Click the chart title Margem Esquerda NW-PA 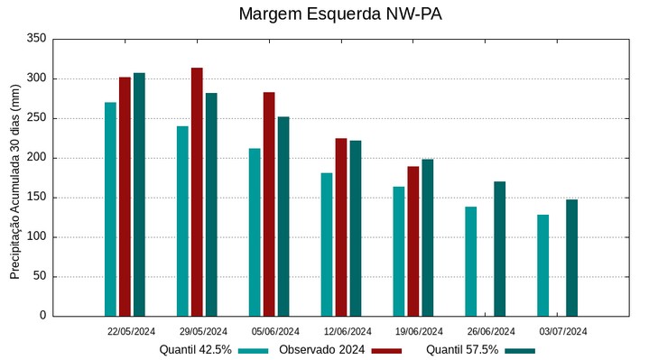[340, 14]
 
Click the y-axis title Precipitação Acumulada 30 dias [14, 177]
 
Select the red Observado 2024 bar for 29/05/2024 [197, 192]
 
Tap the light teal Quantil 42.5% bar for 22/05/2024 [110, 209]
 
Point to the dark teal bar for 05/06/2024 [283, 217]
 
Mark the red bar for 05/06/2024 [269, 204]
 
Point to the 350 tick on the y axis [36, 39]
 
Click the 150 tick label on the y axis [36, 198]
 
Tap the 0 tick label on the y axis [42, 316]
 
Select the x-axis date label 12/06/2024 [347, 331]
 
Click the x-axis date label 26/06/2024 [491, 331]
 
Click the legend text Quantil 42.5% [196, 350]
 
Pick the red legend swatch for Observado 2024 [386, 350]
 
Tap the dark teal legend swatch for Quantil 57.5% [520, 350]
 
